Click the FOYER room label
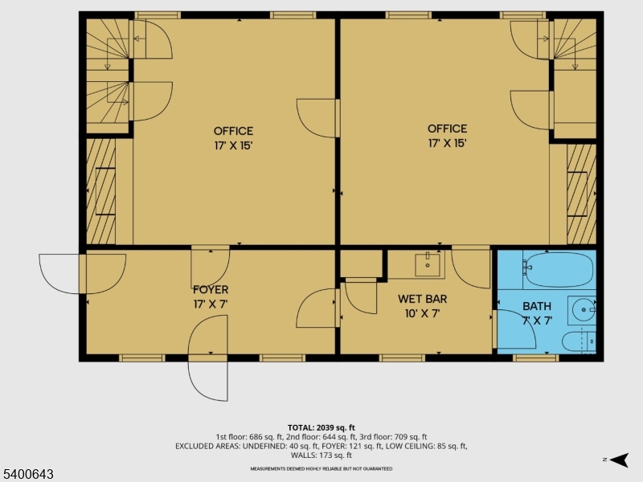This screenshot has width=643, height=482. click(x=211, y=290)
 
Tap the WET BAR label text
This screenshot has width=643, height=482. click(x=423, y=299)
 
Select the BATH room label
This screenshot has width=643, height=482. click(x=537, y=306)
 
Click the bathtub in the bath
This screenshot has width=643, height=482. click(x=559, y=270)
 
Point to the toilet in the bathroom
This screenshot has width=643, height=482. click(x=578, y=341)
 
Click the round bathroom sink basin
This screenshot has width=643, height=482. click(x=584, y=309)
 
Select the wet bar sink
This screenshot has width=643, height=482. click(x=428, y=265)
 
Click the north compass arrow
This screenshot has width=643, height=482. click(x=620, y=460)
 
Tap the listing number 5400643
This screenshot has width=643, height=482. click(x=27, y=474)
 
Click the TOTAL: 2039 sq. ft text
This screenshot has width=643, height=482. click(x=321, y=428)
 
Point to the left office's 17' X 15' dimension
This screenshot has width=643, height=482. click(x=233, y=146)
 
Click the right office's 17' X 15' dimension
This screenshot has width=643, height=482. click(x=448, y=144)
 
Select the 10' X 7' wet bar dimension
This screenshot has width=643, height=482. click(x=423, y=314)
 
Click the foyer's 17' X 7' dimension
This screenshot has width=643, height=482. click(x=211, y=304)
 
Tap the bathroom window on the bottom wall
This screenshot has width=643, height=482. click(x=535, y=358)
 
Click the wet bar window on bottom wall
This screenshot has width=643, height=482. click(x=403, y=358)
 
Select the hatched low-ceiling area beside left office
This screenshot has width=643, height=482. click(x=100, y=191)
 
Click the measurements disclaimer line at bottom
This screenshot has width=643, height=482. click(x=321, y=468)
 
